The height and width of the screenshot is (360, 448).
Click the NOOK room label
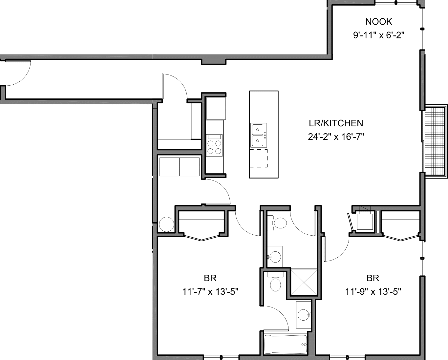(x=378, y=22)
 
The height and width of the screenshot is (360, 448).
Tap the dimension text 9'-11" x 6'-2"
(x=378, y=35)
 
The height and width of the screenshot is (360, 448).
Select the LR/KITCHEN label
(x=336, y=123)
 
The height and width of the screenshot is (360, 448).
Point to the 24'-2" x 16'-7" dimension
(x=336, y=137)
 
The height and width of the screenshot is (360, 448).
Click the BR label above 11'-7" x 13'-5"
(x=210, y=278)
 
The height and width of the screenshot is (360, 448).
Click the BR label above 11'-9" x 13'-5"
(x=373, y=278)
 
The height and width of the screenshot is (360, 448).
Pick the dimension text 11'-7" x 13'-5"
(x=210, y=291)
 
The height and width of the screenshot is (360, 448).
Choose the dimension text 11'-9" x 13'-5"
(x=373, y=291)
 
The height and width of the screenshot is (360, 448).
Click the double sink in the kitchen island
(x=259, y=136)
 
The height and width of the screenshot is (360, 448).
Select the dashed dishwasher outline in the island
(x=258, y=158)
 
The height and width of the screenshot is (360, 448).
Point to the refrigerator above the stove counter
(x=216, y=108)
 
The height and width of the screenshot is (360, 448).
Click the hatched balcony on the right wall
(x=435, y=141)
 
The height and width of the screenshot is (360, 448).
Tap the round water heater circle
(x=166, y=224)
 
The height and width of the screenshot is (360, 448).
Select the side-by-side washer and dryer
(x=180, y=167)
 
